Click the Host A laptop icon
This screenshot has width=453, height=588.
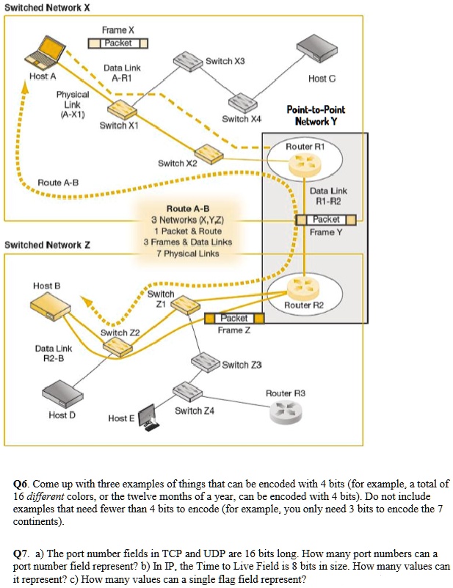pos(43,54)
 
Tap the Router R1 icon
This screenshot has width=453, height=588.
pos(300,167)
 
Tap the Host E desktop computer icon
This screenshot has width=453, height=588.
pos(148,415)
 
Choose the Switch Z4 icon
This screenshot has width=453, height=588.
pos(186,391)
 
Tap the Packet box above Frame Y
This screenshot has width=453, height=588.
pos(325,219)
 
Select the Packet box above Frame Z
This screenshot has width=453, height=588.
pos(233,318)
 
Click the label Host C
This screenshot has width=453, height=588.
pos(322,78)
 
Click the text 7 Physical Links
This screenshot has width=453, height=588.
pos(187,253)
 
